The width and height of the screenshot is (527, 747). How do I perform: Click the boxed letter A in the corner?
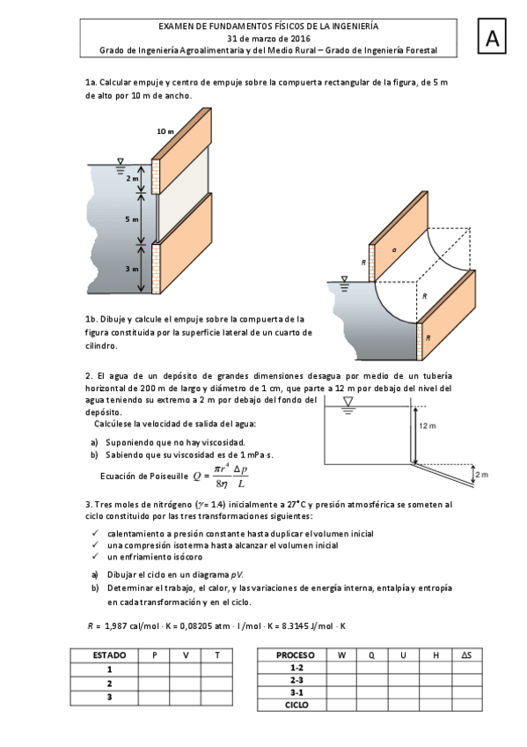492,37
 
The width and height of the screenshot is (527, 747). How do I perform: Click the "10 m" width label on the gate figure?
165,131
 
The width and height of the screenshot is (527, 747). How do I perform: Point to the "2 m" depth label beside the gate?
132,179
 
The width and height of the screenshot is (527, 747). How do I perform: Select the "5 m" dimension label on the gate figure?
132,219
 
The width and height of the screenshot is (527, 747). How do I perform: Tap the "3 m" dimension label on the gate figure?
132,269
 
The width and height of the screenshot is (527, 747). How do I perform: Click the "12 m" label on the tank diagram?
428,425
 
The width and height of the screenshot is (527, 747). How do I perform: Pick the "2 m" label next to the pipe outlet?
482,475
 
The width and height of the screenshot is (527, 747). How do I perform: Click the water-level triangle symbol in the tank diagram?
348,402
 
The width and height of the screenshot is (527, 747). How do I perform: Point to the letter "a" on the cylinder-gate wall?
394,249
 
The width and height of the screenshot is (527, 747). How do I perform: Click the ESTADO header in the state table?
109,655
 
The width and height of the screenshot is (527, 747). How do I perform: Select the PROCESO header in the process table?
295,655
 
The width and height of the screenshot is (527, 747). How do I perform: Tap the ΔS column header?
466,655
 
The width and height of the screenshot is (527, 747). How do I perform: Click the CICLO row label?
296,705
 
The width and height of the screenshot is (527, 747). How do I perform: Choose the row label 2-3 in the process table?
296,680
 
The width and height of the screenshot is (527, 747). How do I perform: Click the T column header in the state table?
217,655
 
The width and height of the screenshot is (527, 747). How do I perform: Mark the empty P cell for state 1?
154,669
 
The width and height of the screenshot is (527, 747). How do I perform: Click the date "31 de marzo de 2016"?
268,39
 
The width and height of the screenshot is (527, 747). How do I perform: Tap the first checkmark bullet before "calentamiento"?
95,533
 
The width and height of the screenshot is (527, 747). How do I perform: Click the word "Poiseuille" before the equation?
169,476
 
